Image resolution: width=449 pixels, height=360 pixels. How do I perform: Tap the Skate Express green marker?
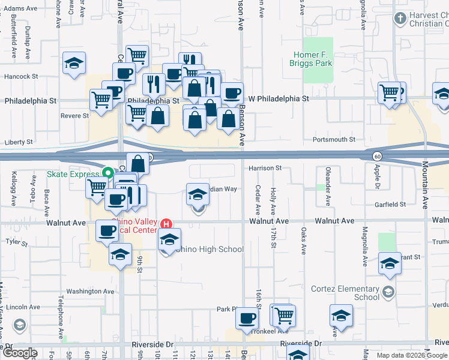108,174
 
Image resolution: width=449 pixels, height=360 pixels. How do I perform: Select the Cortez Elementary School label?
345,293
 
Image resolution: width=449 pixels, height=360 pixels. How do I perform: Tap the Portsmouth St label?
334,139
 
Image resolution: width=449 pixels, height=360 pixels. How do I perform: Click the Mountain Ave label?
424,186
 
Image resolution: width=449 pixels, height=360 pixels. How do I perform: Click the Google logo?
20,353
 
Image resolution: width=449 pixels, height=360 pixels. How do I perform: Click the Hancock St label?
21,77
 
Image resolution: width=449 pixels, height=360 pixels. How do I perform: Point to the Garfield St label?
390,205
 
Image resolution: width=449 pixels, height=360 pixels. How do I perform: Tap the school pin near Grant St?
390,263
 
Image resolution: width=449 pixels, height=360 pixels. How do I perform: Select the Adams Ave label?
20,9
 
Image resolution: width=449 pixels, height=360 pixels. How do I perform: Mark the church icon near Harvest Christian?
400,19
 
